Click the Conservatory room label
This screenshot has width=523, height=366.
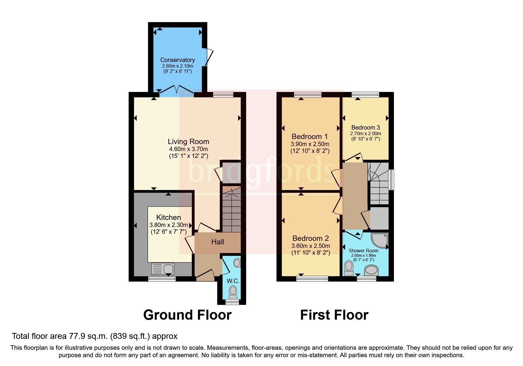[177, 60]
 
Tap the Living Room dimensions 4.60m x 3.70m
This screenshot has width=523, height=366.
[188, 149]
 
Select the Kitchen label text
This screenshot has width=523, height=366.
[168, 218]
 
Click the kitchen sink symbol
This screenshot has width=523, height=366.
[163, 269]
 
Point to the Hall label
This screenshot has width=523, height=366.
[218, 242]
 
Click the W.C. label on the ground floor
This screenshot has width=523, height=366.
[233, 281]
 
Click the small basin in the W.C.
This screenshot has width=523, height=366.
[237, 263]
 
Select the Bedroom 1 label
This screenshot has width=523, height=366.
[309, 137]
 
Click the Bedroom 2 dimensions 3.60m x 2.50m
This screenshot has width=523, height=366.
[311, 246]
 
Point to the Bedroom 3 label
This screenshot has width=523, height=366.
[365, 128]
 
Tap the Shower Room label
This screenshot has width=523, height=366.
[363, 251]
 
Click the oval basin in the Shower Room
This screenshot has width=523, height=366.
[372, 270]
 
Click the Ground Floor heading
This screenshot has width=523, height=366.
[187, 315]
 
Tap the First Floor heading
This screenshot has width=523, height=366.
[334, 315]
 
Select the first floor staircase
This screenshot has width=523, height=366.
[378, 183]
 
